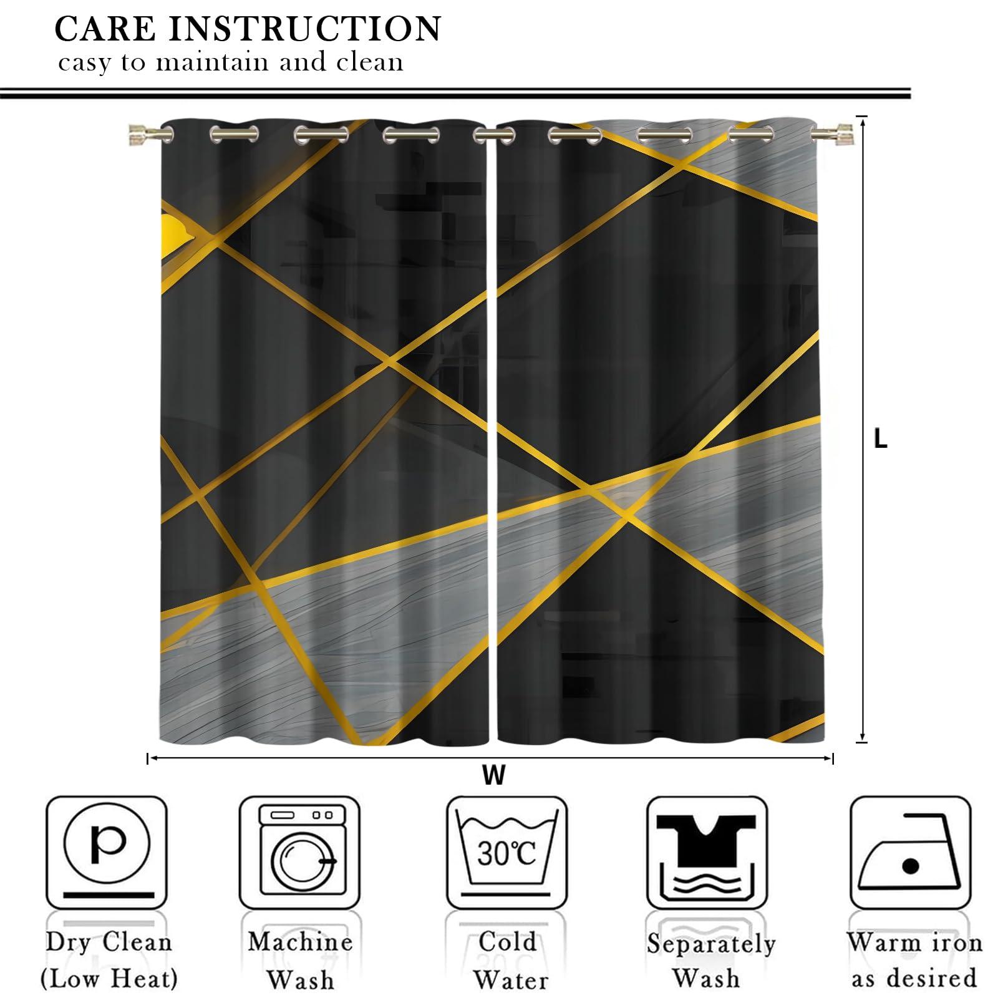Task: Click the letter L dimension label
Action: point(880,440)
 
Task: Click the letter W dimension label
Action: point(493,776)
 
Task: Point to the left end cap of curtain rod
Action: point(138,133)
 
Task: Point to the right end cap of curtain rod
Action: point(842,132)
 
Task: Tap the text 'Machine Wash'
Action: point(300,961)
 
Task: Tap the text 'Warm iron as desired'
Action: point(914,961)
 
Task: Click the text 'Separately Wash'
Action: point(710,961)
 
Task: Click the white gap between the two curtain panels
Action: point(493,437)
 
